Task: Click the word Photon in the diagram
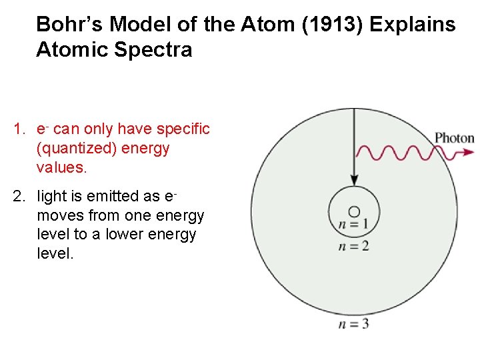454,139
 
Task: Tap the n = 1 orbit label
353,225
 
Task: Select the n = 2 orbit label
353,245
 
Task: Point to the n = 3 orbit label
353,324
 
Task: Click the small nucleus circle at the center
354,211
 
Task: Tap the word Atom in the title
256,25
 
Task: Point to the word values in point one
61,167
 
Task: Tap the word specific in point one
183,129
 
